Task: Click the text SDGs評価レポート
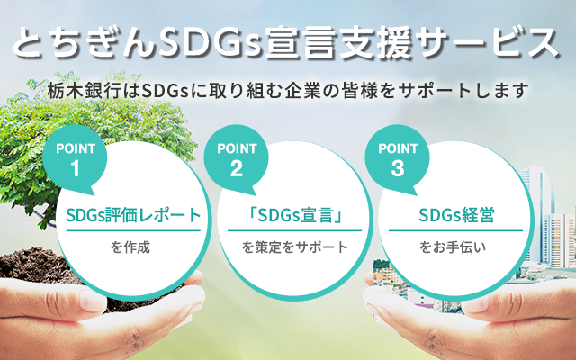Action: click(133, 215)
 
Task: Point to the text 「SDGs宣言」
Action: click(294, 215)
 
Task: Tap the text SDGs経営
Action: click(456, 215)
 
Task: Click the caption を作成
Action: click(130, 247)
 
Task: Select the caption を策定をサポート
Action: click(294, 247)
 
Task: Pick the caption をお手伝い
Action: click(453, 247)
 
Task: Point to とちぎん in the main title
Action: click(85, 44)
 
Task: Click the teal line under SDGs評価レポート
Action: click(133, 230)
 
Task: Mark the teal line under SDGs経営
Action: click(456, 230)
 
